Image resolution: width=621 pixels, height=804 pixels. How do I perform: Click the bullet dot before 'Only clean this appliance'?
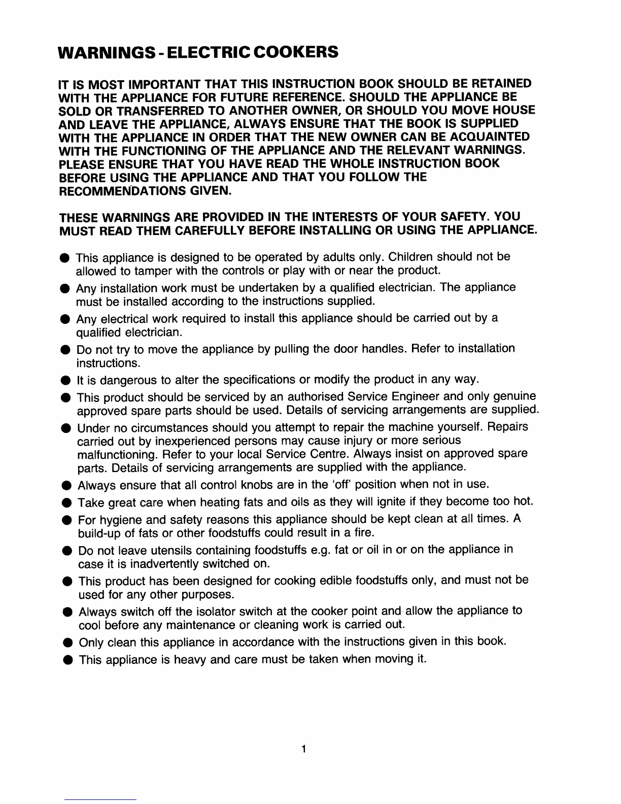click(67, 643)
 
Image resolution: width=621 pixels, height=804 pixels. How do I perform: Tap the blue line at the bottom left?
click(100, 800)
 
